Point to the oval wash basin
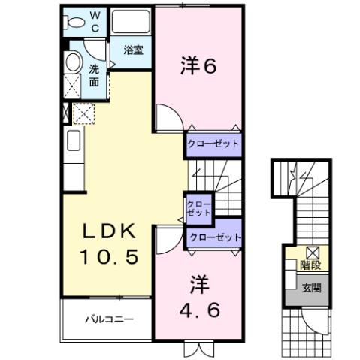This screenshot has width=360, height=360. click(74, 62)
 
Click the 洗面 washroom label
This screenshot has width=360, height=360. click(95, 74)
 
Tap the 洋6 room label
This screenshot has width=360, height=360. click(198, 67)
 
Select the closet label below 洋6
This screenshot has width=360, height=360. click(214, 143)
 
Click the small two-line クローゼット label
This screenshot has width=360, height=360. click(199, 208)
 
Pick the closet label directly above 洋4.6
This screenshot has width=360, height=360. click(215, 237)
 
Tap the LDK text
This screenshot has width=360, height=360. click(109, 230)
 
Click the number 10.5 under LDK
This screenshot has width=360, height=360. click(110, 258)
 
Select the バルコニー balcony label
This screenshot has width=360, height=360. click(108, 319)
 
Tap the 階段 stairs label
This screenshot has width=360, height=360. click(310, 265)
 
